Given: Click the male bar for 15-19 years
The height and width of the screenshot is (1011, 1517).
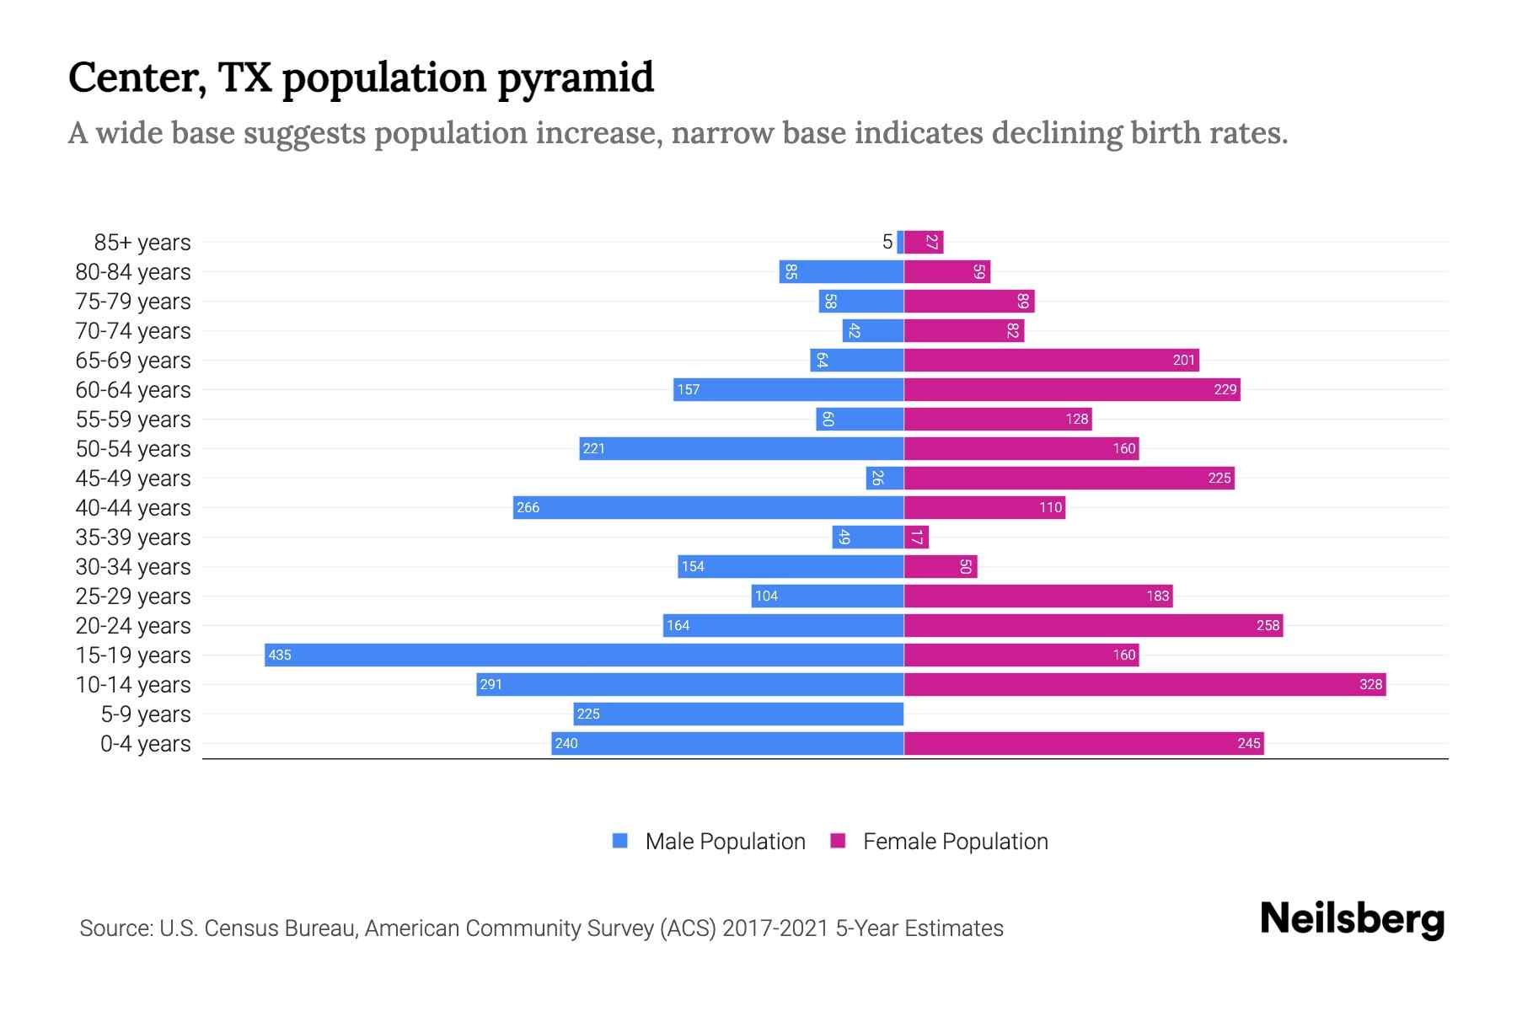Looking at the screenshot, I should click(x=584, y=655).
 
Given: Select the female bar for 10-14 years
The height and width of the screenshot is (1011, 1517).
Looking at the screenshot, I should click(x=1144, y=685).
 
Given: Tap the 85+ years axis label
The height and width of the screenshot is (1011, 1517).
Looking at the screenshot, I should click(x=142, y=243).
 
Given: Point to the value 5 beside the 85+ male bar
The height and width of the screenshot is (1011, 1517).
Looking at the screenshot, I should click(x=887, y=243).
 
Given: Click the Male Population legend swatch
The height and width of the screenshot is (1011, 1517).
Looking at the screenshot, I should click(x=620, y=841).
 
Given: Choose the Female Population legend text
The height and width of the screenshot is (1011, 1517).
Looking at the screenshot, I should click(x=955, y=842).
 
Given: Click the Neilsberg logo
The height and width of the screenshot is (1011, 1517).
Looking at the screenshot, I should click(x=1352, y=919).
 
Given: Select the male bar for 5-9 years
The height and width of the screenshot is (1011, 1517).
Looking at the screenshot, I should click(x=738, y=714).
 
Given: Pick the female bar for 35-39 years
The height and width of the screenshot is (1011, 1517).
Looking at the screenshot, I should click(x=916, y=538).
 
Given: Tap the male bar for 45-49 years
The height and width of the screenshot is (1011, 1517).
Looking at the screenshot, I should click(x=885, y=479).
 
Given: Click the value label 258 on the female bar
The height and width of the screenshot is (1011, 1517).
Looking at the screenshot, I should click(x=1268, y=626).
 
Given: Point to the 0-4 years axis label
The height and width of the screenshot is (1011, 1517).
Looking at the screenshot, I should click(x=145, y=744).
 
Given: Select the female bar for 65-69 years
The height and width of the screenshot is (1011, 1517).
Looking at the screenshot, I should click(x=1051, y=361).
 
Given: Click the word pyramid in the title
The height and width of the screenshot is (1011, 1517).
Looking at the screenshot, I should click(x=576, y=78).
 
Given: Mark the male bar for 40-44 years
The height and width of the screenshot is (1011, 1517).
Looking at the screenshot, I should click(x=708, y=508).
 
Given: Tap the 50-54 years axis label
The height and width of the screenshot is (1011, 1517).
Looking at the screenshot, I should click(x=133, y=449).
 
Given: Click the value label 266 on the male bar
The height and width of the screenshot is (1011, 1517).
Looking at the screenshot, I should click(x=528, y=508).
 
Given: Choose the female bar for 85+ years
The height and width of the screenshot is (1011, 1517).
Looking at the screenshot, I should click(x=924, y=243).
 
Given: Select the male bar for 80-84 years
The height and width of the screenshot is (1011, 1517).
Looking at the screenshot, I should click(x=841, y=272).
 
